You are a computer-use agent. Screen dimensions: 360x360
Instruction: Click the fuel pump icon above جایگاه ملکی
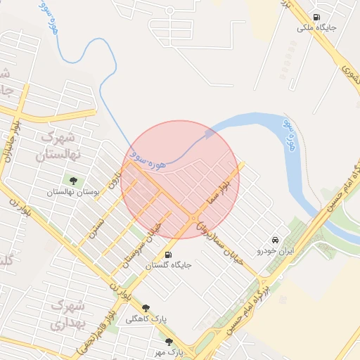point(316,17)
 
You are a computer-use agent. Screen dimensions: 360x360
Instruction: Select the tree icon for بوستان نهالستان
point(73,181)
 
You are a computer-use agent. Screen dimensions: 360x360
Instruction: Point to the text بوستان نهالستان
point(74,191)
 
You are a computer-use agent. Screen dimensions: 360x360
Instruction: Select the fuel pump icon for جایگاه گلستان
point(167,255)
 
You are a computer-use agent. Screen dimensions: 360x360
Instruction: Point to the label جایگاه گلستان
point(168,266)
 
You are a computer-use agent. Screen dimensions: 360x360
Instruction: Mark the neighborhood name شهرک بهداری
point(67,316)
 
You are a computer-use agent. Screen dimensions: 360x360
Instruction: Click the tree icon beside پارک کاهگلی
point(146,308)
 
